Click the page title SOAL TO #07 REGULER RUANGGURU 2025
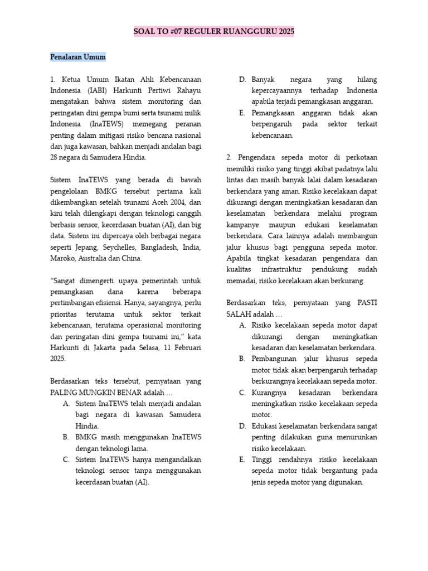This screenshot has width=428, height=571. [x=214, y=32]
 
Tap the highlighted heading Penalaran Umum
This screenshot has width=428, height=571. [x=77, y=57]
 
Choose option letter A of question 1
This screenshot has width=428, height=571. [x=66, y=403]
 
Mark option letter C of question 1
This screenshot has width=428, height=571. [x=66, y=459]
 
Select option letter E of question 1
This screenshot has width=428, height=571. [x=242, y=113]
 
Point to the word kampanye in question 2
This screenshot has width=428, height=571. [x=244, y=224]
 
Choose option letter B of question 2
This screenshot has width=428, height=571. [x=242, y=359]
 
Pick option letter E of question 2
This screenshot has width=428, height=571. [x=242, y=459]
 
